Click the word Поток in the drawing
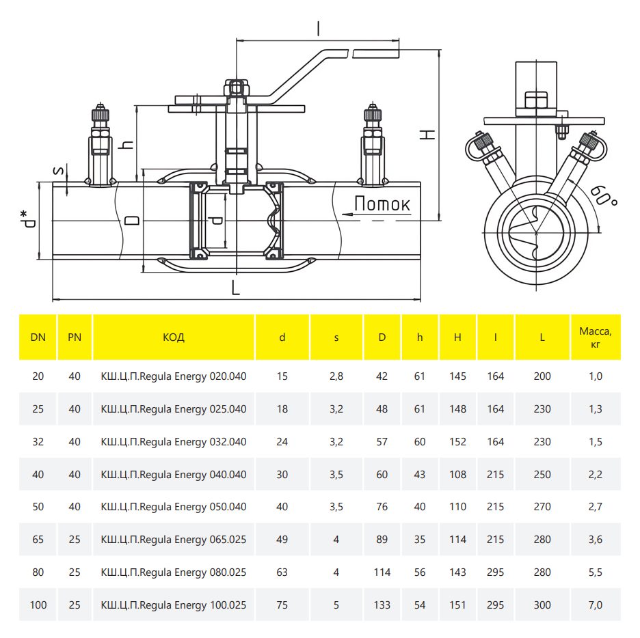(382, 204)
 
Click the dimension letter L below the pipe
(236, 289)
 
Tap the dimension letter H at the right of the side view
(427, 134)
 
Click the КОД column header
(174, 337)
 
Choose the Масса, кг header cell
(595, 337)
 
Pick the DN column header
(38, 337)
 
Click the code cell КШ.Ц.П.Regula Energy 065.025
(174, 540)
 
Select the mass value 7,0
(595, 605)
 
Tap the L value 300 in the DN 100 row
(542, 605)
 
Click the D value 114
(382, 572)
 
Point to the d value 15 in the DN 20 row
(282, 376)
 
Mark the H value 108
(457, 475)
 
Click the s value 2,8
(336, 376)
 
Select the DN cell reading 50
(38, 507)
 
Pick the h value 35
(420, 540)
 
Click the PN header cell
(75, 337)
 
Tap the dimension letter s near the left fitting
(59, 171)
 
